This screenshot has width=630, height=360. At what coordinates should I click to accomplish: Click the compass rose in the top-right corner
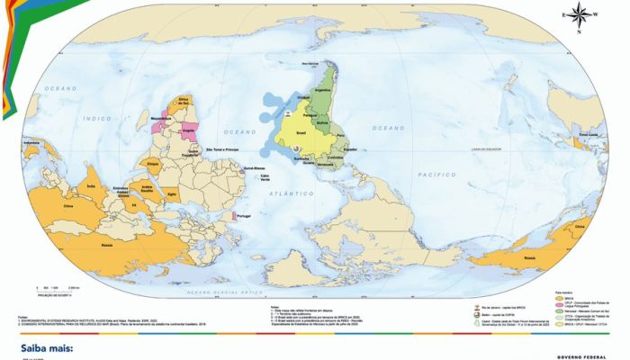[577, 14]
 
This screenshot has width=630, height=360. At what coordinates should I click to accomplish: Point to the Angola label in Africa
[188, 129]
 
